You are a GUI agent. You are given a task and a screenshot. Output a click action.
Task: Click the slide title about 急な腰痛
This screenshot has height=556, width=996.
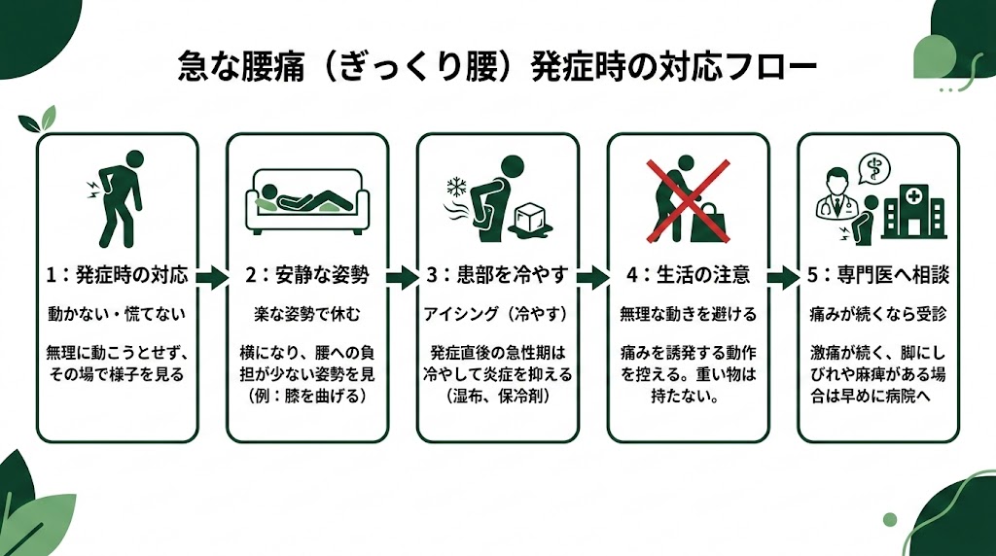497,67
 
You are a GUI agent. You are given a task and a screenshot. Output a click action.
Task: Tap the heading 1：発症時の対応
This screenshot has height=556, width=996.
118,275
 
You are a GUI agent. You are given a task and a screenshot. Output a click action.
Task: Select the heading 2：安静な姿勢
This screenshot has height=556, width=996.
307,275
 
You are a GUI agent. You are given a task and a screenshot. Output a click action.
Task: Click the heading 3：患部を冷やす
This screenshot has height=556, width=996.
497,275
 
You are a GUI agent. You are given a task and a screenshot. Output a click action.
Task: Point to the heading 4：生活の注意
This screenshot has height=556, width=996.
688,275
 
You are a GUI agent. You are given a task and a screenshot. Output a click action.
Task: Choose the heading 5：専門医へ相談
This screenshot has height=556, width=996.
877,275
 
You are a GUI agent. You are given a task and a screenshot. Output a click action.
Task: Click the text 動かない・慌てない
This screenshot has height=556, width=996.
118,315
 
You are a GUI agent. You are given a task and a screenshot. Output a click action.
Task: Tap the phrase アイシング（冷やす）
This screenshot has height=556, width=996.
497,315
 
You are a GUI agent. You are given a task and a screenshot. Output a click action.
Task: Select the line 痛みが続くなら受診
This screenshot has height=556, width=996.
877,315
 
